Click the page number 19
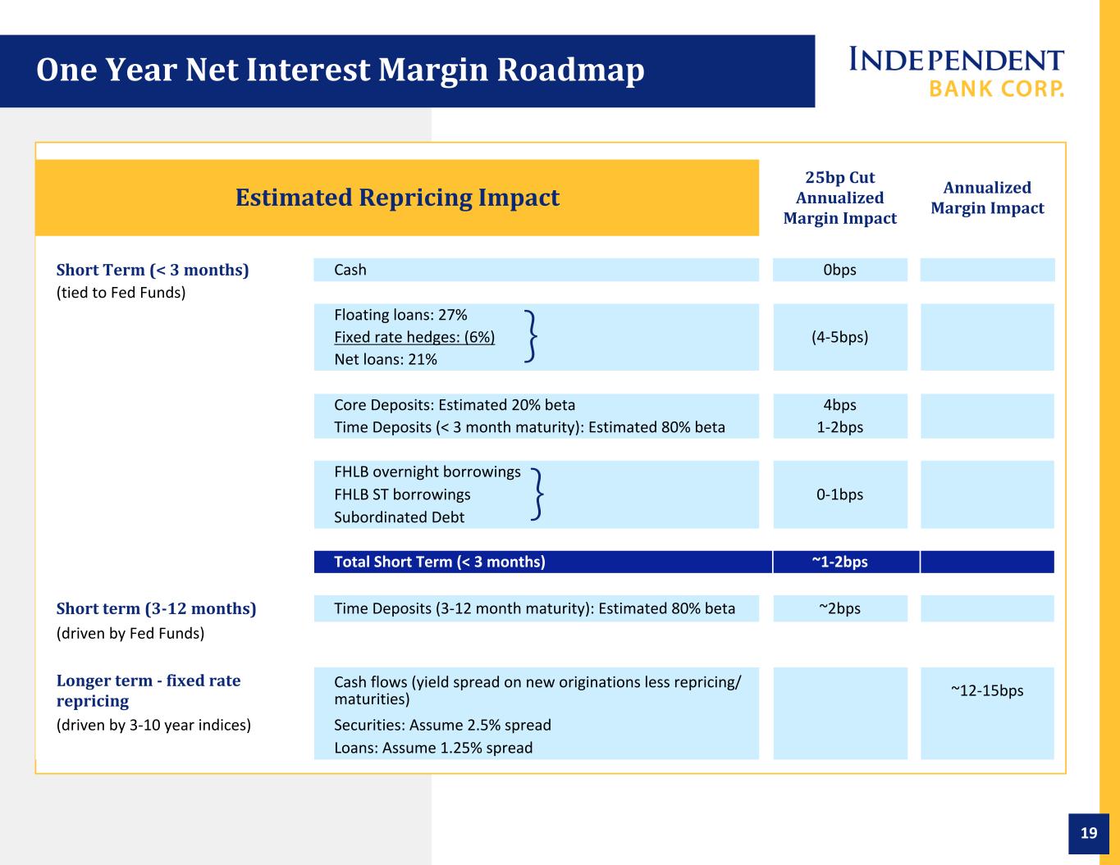(x=1089, y=832)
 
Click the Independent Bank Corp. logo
(x=957, y=72)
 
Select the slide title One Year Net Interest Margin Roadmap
(x=341, y=70)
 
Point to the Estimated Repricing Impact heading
(x=397, y=198)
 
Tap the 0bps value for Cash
(x=839, y=270)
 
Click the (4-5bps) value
(x=839, y=337)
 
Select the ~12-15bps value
(x=987, y=690)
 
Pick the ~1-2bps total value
(x=839, y=562)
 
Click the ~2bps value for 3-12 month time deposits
(x=839, y=608)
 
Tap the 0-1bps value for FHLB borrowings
(x=839, y=494)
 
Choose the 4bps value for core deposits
(x=839, y=405)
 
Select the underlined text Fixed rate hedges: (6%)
(x=414, y=337)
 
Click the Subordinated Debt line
(x=399, y=517)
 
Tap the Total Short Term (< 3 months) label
(x=440, y=562)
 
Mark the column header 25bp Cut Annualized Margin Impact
(x=839, y=198)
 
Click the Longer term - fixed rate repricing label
(x=149, y=691)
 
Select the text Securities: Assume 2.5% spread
(x=442, y=726)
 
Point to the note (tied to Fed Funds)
(x=121, y=293)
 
